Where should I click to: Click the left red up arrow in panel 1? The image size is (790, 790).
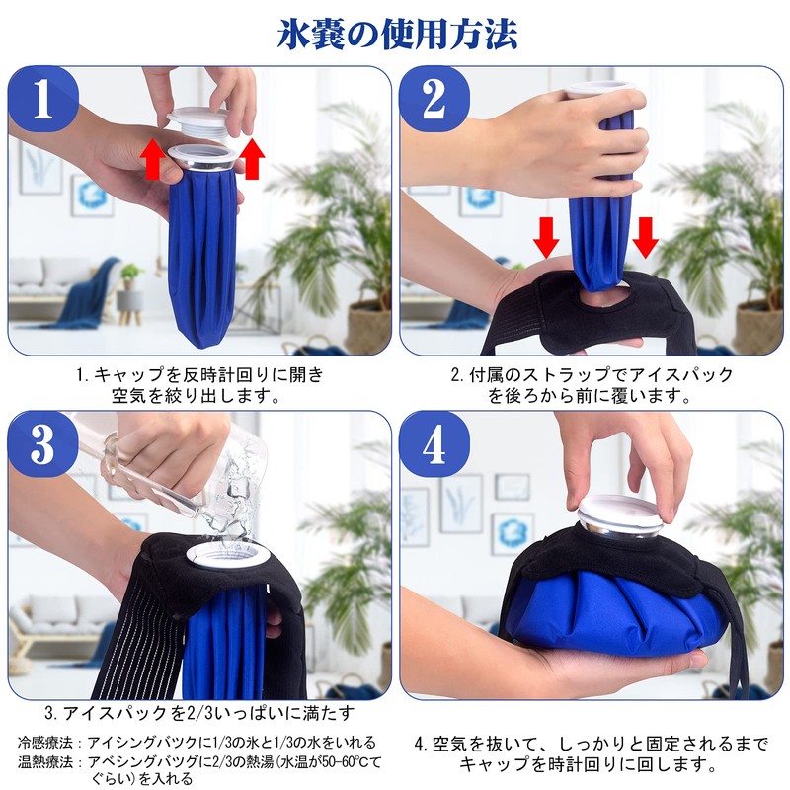click(151, 158)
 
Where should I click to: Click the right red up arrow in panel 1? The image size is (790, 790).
click(252, 158)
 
